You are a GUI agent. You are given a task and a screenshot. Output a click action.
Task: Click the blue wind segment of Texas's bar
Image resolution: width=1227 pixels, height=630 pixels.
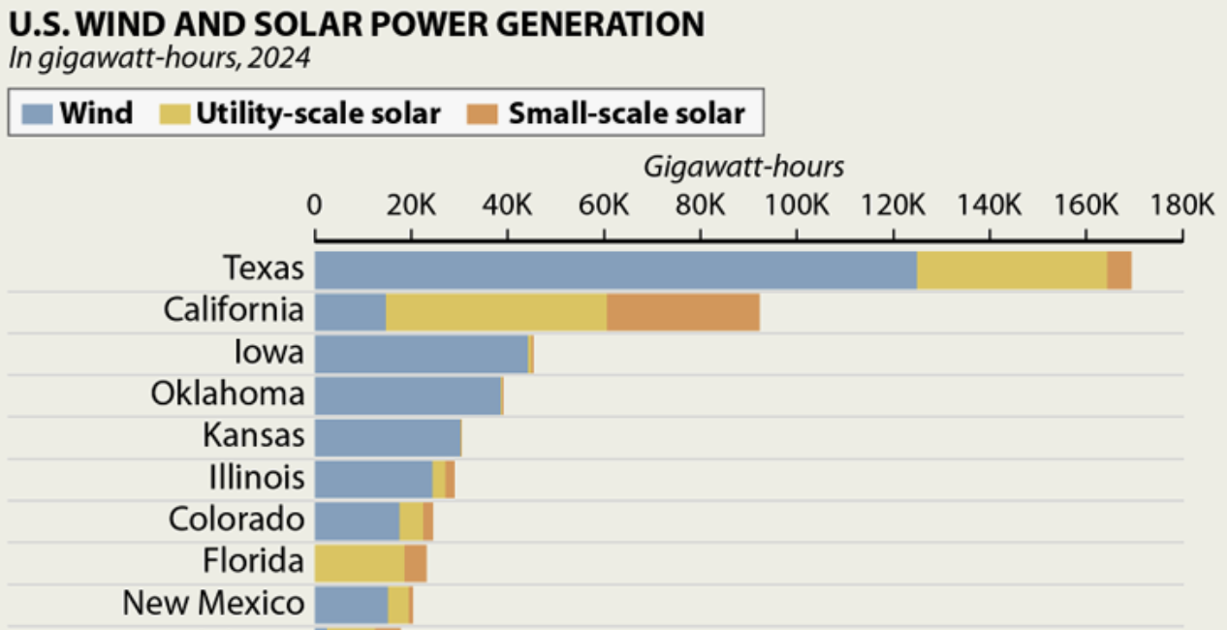(x=615, y=269)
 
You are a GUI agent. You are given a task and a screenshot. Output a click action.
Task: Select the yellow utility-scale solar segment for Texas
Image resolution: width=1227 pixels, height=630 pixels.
(x=1012, y=269)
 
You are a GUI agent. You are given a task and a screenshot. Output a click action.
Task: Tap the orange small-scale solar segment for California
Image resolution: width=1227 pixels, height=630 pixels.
(x=682, y=312)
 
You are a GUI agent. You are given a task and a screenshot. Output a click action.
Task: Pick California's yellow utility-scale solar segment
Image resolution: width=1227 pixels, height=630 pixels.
(x=496, y=312)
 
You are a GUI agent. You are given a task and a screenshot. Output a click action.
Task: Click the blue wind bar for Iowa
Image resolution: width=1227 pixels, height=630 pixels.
(x=421, y=354)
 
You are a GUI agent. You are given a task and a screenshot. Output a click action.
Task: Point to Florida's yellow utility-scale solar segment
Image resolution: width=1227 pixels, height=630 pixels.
(x=360, y=563)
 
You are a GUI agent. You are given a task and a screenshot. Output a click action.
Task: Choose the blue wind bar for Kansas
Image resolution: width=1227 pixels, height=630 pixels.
(x=387, y=437)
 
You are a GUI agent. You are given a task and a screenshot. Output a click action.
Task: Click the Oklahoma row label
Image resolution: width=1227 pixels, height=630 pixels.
(x=227, y=394)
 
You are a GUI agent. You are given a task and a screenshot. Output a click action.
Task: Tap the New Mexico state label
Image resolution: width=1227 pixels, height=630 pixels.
(x=213, y=604)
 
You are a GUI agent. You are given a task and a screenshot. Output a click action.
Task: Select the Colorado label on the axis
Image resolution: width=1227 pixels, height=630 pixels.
(x=236, y=520)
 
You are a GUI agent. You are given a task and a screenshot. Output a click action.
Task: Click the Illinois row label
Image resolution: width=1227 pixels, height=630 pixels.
(x=256, y=478)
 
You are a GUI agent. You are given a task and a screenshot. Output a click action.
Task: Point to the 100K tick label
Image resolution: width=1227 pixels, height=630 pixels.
(x=796, y=206)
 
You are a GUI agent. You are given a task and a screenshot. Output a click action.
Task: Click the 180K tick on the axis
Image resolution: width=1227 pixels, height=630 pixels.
(x=1181, y=206)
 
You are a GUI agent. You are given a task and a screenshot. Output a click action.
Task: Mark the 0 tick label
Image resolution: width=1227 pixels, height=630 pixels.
(x=315, y=206)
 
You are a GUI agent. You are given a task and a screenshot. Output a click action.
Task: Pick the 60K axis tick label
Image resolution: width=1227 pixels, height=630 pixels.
(x=604, y=206)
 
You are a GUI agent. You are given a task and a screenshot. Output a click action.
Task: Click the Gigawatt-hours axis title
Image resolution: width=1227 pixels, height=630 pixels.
(x=743, y=167)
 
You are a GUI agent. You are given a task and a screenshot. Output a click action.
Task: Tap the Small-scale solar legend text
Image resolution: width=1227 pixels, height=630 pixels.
(x=626, y=113)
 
